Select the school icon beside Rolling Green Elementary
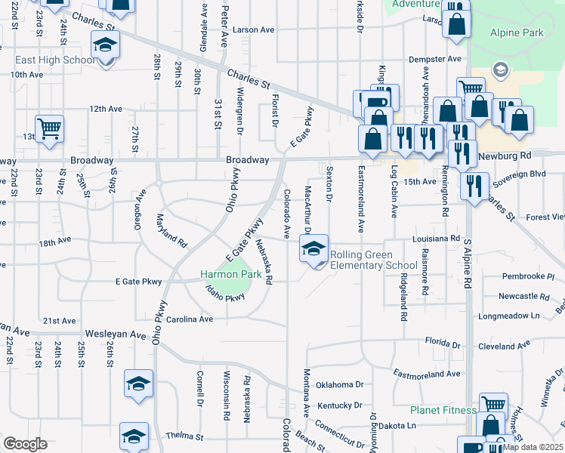click(313, 248)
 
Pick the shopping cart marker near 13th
click(49, 128)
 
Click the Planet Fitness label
click(443, 411)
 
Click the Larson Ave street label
click(253, 30)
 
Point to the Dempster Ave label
click(434, 59)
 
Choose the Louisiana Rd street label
click(436, 239)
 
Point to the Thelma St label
click(185, 436)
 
